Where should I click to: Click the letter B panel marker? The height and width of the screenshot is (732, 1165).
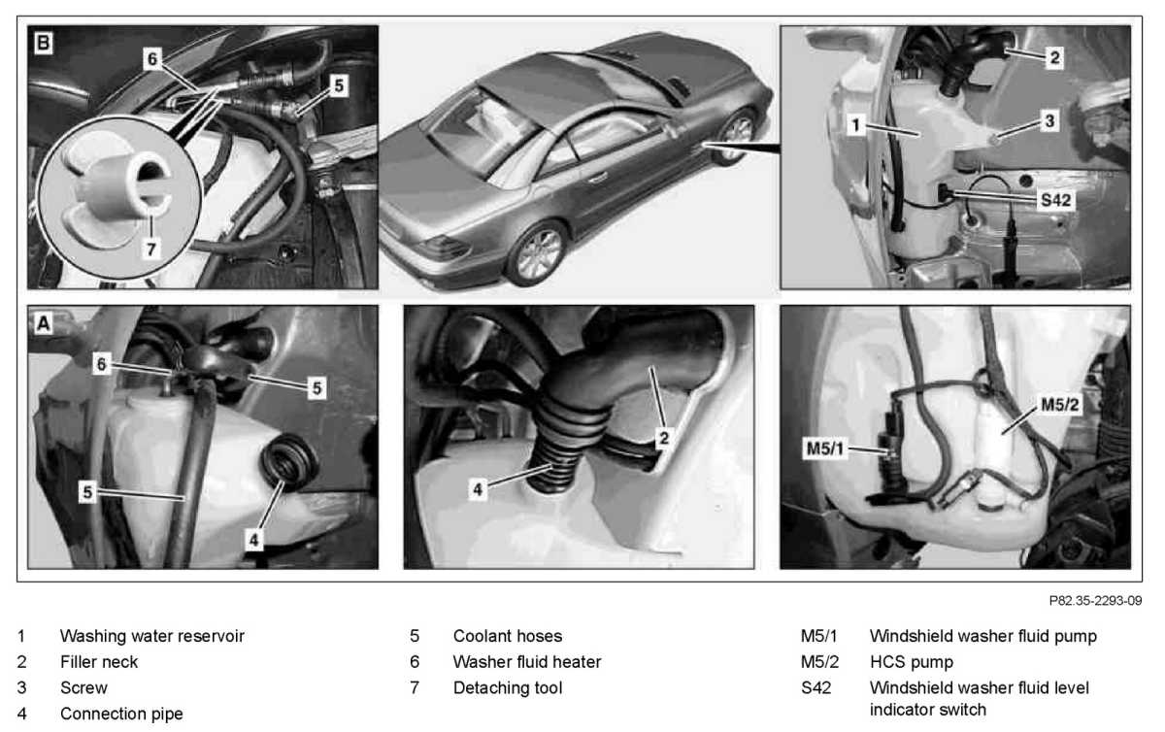[44, 42]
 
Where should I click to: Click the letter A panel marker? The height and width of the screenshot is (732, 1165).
[44, 323]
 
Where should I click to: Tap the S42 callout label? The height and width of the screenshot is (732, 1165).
[1055, 200]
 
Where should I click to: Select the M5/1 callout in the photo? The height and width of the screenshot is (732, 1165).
[824, 448]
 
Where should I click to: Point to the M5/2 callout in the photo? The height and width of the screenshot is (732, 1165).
[1060, 404]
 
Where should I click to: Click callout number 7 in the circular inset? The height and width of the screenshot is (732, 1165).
[150, 250]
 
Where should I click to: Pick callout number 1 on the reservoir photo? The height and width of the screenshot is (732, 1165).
[855, 125]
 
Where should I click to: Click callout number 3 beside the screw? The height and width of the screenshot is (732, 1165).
[1049, 121]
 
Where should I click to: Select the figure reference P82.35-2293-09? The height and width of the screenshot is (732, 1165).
[1095, 601]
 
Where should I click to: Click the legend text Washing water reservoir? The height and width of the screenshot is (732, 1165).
[151, 636]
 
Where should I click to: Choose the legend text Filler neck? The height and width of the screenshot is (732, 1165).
[99, 662]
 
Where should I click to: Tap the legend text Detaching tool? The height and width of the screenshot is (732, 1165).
[508, 687]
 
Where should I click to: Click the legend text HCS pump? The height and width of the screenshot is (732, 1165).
[912, 662]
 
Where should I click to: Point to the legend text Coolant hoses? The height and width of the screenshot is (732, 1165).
[508, 636]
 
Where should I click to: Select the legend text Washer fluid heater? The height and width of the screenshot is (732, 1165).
[527, 662]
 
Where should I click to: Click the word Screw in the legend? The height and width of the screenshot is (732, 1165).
[83, 687]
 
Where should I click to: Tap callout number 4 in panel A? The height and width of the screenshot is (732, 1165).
[253, 540]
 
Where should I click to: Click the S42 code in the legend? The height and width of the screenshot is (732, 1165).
[815, 687]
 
